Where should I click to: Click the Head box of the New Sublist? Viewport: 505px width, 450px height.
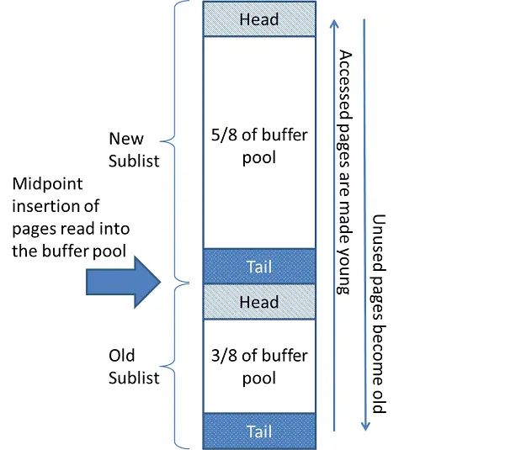pos(259,19)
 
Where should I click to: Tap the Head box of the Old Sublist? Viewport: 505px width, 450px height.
pos(259,302)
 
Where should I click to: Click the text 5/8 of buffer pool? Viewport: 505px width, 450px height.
pos(259,144)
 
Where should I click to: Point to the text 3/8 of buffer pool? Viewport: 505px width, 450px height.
pos(259,366)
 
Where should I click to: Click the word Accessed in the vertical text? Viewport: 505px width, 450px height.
pos(343,81)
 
